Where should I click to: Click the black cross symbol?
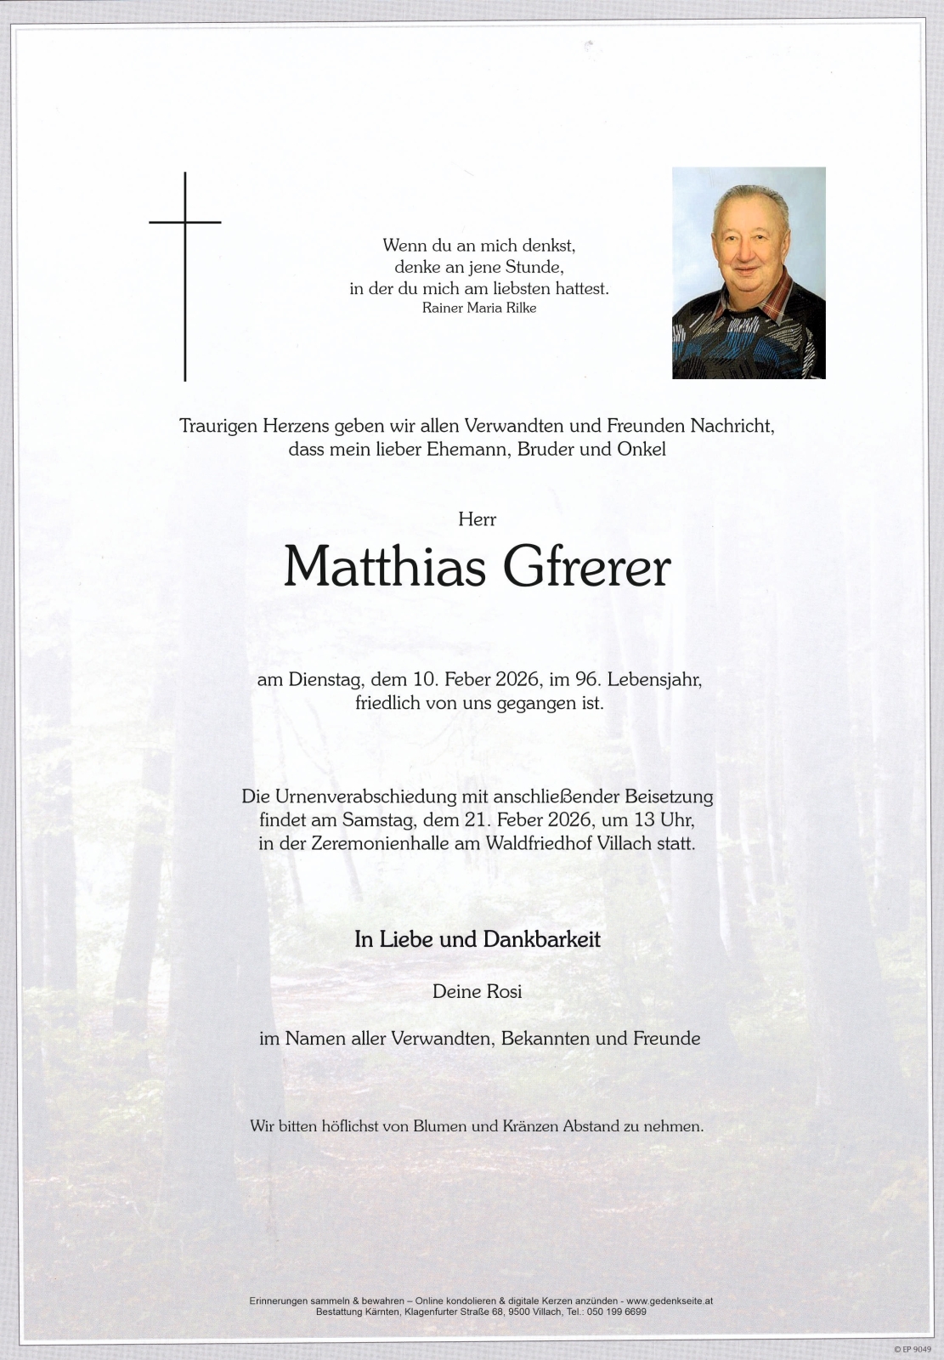tap(185, 255)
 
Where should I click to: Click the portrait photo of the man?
tap(749, 272)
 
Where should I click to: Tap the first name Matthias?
tap(385, 567)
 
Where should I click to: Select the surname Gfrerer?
tap(587, 567)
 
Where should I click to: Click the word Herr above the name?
tap(477, 519)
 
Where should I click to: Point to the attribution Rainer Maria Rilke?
tap(479, 308)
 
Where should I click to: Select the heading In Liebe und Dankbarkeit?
tap(478, 939)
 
